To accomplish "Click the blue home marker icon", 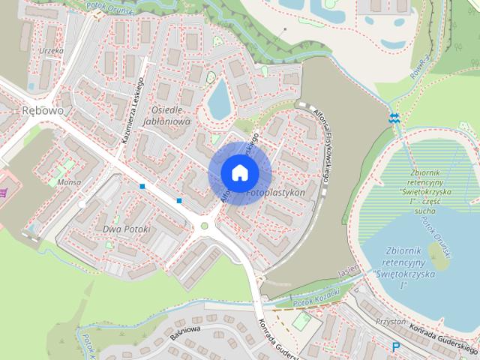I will pyautogui.click(x=239, y=172).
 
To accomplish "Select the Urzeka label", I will pyautogui.click(x=52, y=51).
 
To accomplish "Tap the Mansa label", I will pyautogui.click(x=69, y=181).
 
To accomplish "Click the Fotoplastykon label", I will pyautogui.click(x=274, y=193).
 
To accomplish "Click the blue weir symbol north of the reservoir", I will pyautogui.click(x=394, y=118).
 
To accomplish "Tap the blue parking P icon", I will pyautogui.click(x=395, y=346).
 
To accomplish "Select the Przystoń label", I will pyautogui.click(x=389, y=321).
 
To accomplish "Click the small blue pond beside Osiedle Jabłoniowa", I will pyautogui.click(x=219, y=100).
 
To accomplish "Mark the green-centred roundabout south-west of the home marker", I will pyautogui.click(x=204, y=225).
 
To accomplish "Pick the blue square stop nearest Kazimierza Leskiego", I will pyautogui.click(x=142, y=185).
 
